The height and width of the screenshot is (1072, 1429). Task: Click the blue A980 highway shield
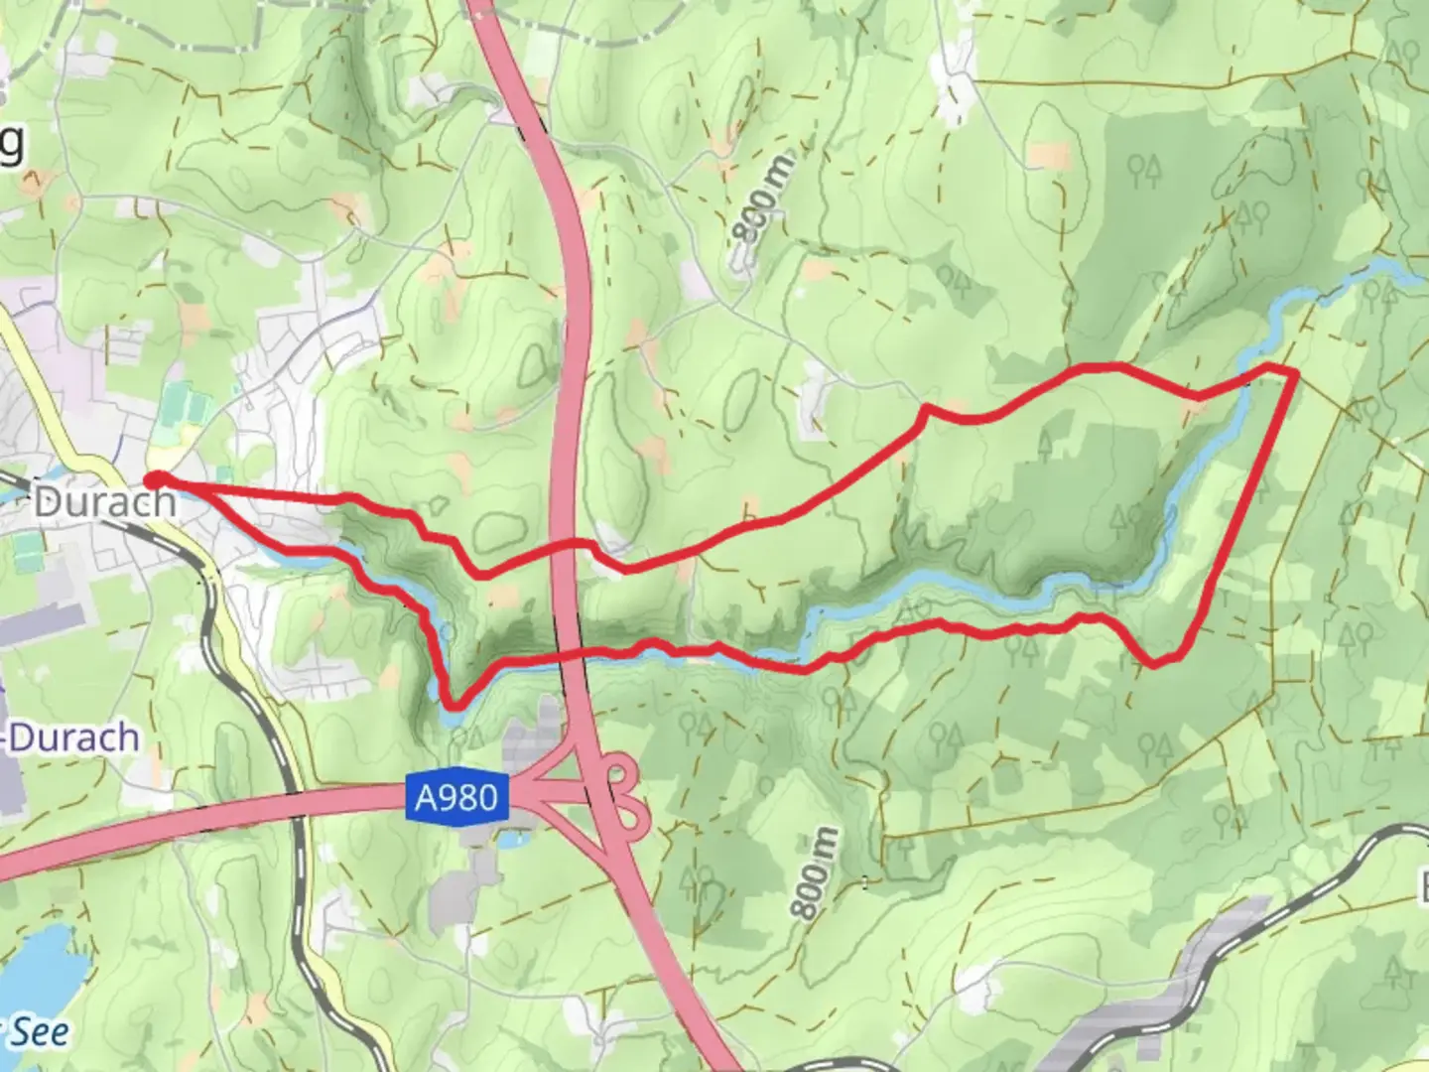point(457,797)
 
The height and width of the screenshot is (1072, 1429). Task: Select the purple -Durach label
point(71,738)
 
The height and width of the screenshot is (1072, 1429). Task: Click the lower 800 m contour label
point(817,872)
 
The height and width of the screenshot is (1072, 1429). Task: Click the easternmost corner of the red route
point(1295,372)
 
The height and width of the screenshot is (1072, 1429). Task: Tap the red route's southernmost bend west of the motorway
point(454,706)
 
